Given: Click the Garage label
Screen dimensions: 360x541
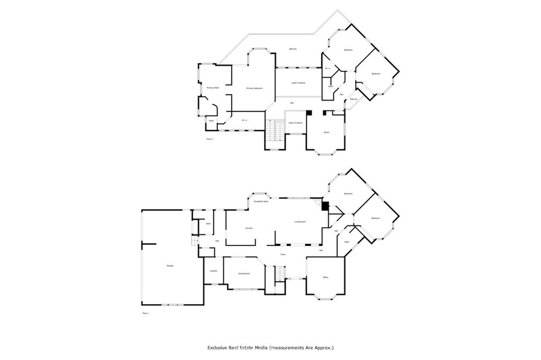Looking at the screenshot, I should (x=170, y=266).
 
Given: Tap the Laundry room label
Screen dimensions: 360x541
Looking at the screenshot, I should (x=213, y=271).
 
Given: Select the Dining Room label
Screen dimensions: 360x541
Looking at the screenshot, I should (x=244, y=273).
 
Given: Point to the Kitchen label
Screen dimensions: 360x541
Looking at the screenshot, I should (x=248, y=228).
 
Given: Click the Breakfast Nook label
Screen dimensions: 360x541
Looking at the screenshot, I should (x=261, y=202).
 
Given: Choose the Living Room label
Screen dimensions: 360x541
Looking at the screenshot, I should (x=300, y=222).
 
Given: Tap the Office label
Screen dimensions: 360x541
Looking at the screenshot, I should (x=326, y=277).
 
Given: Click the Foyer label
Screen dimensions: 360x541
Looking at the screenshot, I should (x=283, y=254).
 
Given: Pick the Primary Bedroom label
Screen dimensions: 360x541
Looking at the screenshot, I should (x=254, y=88).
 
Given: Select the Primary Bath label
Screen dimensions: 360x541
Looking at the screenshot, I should (x=213, y=88).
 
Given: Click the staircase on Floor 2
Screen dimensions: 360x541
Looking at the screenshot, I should (x=272, y=130).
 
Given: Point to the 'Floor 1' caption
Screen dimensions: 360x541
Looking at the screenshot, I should (x=146, y=313).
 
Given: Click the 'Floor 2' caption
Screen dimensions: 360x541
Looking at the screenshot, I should (x=209, y=139).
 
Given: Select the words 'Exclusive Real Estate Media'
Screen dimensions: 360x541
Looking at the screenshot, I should (x=237, y=348).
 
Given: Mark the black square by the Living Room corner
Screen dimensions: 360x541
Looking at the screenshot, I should (x=325, y=206).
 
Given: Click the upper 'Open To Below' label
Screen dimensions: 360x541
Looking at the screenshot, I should (x=299, y=83).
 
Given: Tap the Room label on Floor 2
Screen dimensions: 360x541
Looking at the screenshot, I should (x=327, y=132).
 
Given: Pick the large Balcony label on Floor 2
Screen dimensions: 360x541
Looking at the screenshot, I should (x=293, y=49).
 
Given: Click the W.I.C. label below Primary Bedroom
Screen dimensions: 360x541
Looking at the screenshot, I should (x=245, y=120).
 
